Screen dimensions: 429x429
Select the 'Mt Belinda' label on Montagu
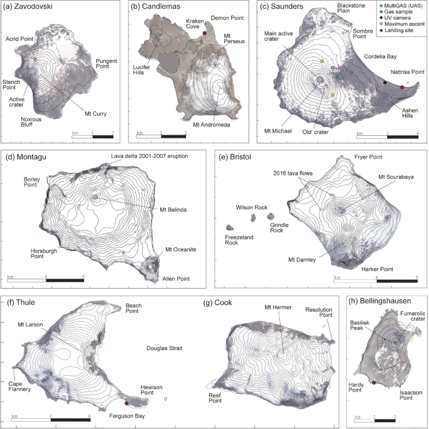[x=166, y=210]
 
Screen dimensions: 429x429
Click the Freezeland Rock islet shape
[x=230, y=227]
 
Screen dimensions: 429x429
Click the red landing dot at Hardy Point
[x=374, y=382]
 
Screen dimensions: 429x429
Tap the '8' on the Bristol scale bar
[x=417, y=277]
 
